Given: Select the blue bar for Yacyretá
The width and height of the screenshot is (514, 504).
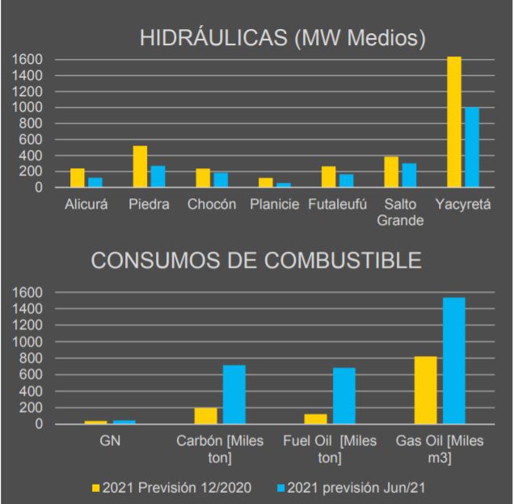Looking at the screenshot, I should pyautogui.click(x=472, y=147).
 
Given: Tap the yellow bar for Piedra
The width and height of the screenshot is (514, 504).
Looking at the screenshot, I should pyautogui.click(x=140, y=167).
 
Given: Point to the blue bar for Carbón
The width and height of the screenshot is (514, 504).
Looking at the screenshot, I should pyautogui.click(x=234, y=395).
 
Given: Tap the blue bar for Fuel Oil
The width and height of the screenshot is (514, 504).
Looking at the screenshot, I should pyautogui.click(x=344, y=396).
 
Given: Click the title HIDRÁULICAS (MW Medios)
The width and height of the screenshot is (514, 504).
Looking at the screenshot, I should pyautogui.click(x=282, y=40).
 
